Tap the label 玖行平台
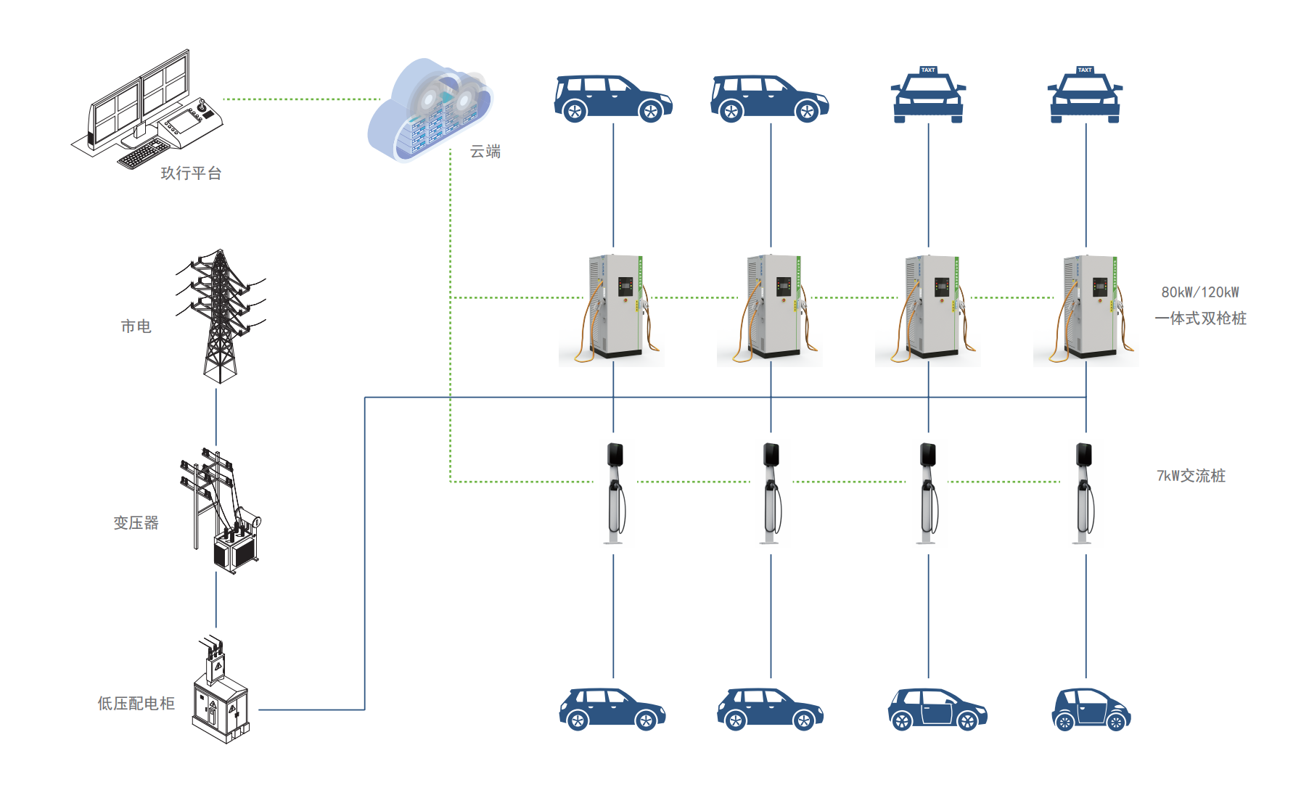(x=191, y=173)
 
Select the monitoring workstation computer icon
(x=149, y=109)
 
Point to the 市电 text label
(x=136, y=326)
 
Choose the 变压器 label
(x=136, y=523)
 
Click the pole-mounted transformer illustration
(x=221, y=511)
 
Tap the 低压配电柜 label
(x=136, y=704)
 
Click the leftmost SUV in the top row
(x=612, y=98)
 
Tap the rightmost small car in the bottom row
(x=1091, y=709)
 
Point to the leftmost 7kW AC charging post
(x=615, y=493)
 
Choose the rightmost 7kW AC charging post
(x=1084, y=493)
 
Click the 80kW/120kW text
(x=1200, y=292)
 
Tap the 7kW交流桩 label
(x=1191, y=476)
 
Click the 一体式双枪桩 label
(x=1201, y=318)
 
